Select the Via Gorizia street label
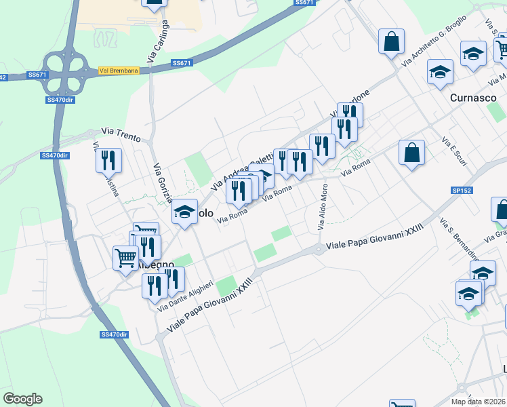click(163, 182)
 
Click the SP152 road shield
click(461, 191)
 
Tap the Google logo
click(22, 399)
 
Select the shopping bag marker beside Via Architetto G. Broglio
click(392, 41)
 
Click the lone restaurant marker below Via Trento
click(108, 160)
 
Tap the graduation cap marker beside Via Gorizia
click(184, 212)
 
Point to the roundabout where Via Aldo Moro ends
click(319, 250)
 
